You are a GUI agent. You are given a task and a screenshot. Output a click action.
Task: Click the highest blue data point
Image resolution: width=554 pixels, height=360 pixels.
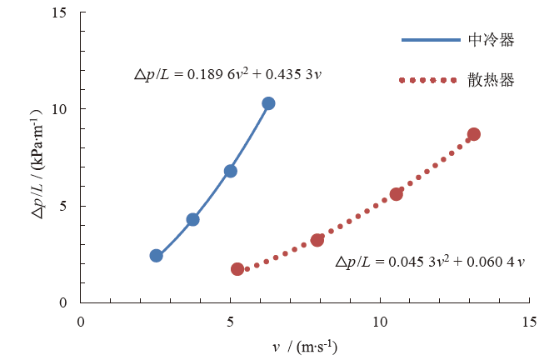pyautogui.click(x=268, y=103)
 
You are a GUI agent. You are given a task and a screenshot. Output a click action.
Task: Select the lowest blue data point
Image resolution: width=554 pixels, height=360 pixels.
pyautogui.click(x=157, y=255)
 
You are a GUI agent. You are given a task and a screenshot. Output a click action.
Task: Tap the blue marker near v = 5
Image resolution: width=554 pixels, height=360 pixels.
pyautogui.click(x=231, y=171)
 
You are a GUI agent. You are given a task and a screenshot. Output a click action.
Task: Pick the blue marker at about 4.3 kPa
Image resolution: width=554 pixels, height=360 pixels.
pyautogui.click(x=192, y=219)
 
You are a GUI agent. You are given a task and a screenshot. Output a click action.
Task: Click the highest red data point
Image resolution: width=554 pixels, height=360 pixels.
pyautogui.click(x=473, y=134)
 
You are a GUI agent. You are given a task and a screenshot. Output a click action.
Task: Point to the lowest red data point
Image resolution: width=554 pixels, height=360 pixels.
pyautogui.click(x=237, y=269)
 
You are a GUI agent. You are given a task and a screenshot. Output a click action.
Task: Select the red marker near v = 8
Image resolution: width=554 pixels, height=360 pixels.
pyautogui.click(x=317, y=240)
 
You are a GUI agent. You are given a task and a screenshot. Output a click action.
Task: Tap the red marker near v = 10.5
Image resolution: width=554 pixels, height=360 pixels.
pyautogui.click(x=397, y=193)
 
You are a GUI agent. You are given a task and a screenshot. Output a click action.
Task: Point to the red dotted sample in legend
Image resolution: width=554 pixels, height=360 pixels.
pyautogui.click(x=429, y=80)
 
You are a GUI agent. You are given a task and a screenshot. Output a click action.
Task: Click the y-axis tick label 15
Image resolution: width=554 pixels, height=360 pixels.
pyautogui.click(x=62, y=12)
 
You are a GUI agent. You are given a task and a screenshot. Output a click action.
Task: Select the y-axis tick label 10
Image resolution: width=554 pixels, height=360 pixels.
pyautogui.click(x=62, y=109)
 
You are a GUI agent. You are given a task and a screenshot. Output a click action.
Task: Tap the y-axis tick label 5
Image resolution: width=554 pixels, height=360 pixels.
pyautogui.click(x=65, y=206)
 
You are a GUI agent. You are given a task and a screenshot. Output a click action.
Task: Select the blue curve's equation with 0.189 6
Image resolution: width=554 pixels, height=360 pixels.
pyautogui.click(x=228, y=74)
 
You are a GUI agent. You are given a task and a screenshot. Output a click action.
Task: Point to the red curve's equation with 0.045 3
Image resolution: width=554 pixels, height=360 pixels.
pyautogui.click(x=431, y=262)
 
